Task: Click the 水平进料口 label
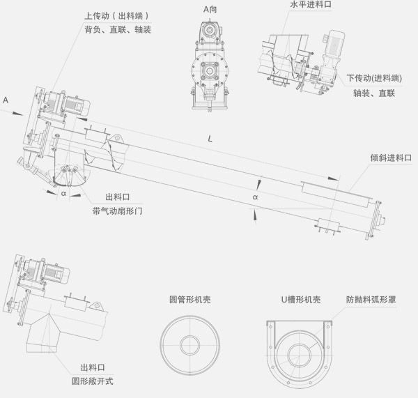311,4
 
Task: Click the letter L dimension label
211,139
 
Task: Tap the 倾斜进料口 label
391,159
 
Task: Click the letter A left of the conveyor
6,100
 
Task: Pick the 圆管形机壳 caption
190,298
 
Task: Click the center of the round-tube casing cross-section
190,344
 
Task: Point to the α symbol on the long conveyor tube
255,198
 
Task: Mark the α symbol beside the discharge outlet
63,194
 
